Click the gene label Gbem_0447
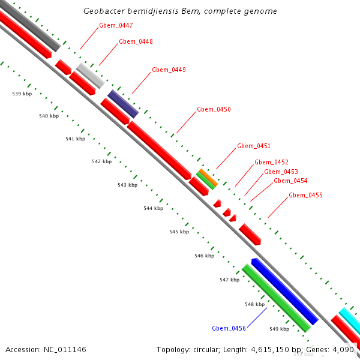(116, 26)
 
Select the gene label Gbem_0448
(136, 42)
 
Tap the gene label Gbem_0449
(169, 70)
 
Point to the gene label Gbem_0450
(214, 110)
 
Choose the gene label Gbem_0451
(254, 146)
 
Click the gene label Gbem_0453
(281, 172)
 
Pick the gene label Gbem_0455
(305, 196)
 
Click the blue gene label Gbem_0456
(229, 328)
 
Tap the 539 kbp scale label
(22, 94)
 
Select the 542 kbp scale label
(101, 162)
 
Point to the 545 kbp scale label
(179, 232)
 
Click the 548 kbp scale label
(254, 305)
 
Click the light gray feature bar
(91, 75)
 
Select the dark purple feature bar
(123, 104)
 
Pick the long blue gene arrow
(284, 290)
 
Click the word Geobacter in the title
(103, 11)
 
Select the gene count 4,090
(342, 349)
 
